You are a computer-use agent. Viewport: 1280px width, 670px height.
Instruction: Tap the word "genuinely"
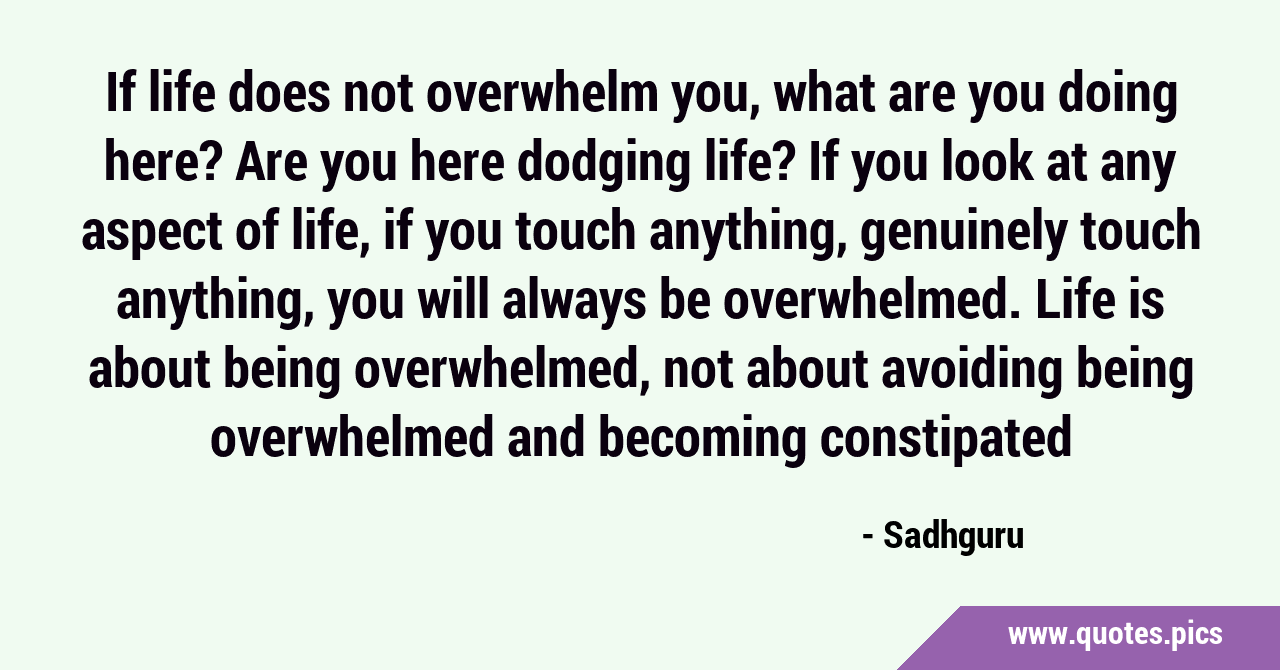[x=964, y=232]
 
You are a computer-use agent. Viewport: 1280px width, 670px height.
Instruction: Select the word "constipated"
[x=946, y=438]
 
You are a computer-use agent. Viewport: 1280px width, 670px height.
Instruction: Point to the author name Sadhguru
[x=954, y=537]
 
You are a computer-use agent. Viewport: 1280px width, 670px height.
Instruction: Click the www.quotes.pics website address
[x=1115, y=635]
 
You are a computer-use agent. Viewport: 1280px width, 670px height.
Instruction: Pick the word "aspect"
[x=151, y=233]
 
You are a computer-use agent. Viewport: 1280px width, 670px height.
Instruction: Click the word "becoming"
[x=702, y=438]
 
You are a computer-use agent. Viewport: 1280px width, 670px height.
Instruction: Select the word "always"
[x=574, y=301]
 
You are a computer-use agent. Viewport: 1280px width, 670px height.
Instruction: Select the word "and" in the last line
[x=546, y=436]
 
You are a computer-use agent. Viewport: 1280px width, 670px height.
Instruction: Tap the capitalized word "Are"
[x=271, y=162]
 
